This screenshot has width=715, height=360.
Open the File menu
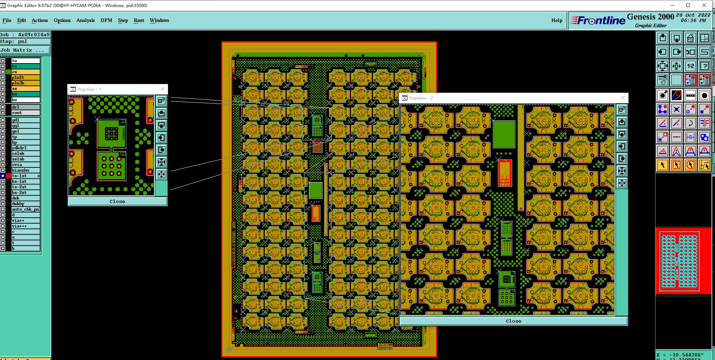(7, 20)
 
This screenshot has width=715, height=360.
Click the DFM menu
(106, 20)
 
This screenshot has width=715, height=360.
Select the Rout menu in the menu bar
(139, 20)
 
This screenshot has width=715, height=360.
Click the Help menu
(556, 20)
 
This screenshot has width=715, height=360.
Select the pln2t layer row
(25, 77)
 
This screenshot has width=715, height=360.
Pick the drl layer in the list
(25, 107)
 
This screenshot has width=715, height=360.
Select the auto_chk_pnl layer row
(25, 209)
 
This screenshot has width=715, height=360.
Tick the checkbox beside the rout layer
(3, 113)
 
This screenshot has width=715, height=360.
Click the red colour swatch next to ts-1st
(8, 176)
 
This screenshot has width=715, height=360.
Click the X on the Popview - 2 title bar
(623, 98)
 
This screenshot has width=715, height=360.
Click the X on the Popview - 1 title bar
(162, 89)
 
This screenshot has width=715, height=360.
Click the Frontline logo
(598, 21)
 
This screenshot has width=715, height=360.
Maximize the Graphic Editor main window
(688, 5)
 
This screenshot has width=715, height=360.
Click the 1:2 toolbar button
(690, 66)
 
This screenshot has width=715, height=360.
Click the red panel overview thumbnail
(683, 261)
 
